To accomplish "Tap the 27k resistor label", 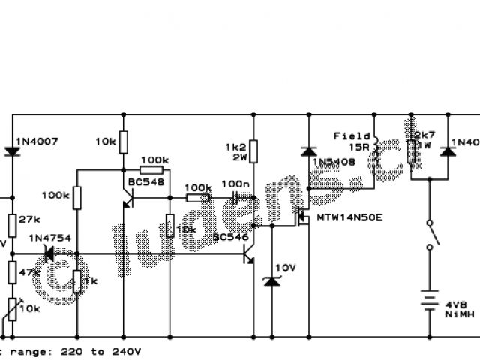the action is pyautogui.click(x=28, y=220).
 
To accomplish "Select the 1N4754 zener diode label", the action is pyautogui.click(x=50, y=238).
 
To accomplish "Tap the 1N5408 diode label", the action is pyautogui.click(x=334, y=162).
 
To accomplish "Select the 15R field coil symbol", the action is pyautogui.click(x=376, y=149).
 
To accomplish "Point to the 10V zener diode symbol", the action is pyautogui.click(x=271, y=281).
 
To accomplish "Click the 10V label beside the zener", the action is pyautogui.click(x=286, y=268).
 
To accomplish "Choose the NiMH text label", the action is pyautogui.click(x=457, y=316).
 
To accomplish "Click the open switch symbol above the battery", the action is pyautogui.click(x=429, y=235).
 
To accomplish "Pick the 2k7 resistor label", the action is pyautogui.click(x=425, y=136).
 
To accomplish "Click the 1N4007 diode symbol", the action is pyautogui.click(x=12, y=150).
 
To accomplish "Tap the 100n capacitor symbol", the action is pyautogui.click(x=236, y=198).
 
